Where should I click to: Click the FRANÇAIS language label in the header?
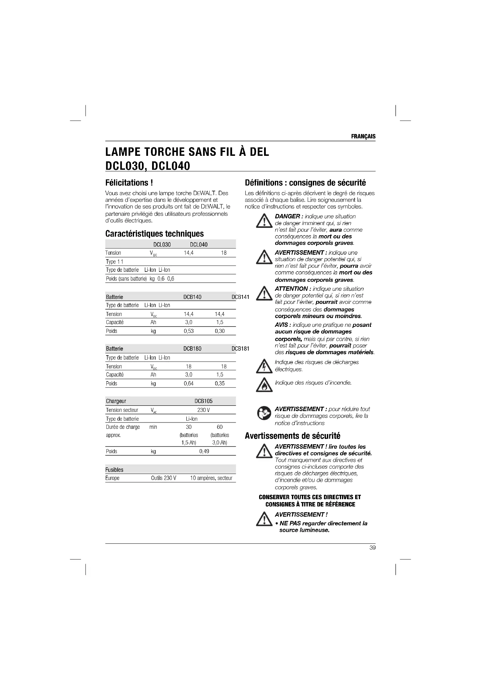pos(363,137)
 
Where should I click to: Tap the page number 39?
pos(372,548)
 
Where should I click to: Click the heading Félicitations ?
pos(129,183)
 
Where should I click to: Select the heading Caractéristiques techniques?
pos(154,234)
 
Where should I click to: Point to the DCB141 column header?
pos(240,297)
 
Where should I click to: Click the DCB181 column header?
pos(240,349)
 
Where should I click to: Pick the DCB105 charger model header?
pos(204,401)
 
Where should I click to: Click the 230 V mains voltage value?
pos(204,410)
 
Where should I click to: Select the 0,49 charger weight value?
pos(204,451)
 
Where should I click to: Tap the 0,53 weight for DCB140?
pos(189,331)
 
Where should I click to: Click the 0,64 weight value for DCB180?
pos(189,383)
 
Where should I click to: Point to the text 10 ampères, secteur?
pos(211,478)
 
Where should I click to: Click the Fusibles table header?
pos(114,470)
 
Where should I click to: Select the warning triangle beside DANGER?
pos(264,221)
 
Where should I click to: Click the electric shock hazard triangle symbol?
pos(264,366)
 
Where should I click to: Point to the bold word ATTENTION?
pos(291,289)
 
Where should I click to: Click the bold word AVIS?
pos(281,325)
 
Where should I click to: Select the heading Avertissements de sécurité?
pos(292,436)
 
